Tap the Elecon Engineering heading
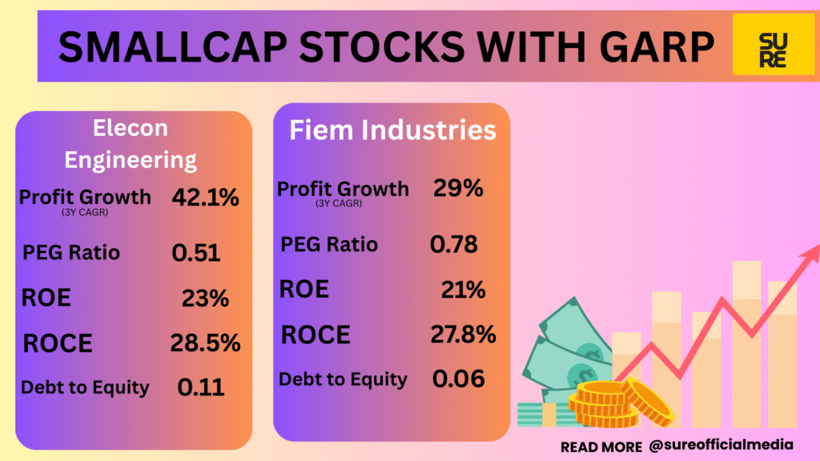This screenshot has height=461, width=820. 131,144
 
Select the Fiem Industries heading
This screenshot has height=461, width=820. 392,130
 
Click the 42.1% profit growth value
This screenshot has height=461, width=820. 205,198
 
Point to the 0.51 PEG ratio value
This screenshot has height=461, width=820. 195,253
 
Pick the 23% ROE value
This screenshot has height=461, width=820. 206,299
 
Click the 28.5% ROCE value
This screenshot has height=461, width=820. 205,343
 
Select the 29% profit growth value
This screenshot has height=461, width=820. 458,189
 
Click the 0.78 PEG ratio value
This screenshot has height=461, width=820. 453,244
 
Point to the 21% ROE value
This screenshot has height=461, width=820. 463,290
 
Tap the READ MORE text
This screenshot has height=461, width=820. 601,446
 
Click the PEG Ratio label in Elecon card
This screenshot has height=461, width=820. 71,253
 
